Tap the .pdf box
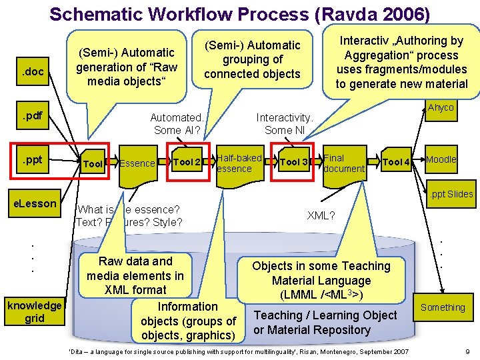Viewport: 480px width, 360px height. click(34, 117)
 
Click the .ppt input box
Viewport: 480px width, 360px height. click(34, 160)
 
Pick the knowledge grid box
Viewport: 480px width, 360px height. click(35, 312)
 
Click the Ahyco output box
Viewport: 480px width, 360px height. click(441, 109)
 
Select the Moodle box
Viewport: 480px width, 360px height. click(441, 159)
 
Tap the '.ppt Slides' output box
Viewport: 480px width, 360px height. click(451, 194)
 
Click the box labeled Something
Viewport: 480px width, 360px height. click(443, 307)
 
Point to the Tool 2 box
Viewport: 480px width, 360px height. click(187, 162)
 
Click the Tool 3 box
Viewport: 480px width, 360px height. click(294, 162)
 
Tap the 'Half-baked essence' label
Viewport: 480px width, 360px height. click(239, 163)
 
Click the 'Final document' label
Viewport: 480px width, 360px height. click(343, 163)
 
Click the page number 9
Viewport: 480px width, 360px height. click(468, 351)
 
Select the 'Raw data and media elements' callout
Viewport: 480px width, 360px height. click(135, 275)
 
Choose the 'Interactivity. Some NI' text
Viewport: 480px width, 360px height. click(284, 123)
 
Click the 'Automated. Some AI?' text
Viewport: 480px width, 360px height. click(177, 123)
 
